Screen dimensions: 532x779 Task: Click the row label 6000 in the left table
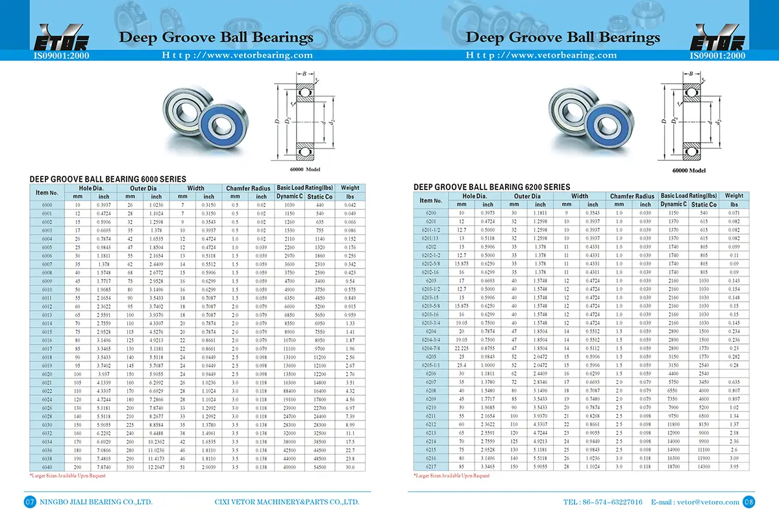pyautogui.click(x=47, y=205)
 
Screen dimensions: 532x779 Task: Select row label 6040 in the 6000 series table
pyautogui.click(x=47, y=467)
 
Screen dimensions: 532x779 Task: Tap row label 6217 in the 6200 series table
pyautogui.click(x=430, y=467)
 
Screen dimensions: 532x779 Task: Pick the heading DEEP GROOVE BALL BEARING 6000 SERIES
pyautogui.click(x=108, y=179)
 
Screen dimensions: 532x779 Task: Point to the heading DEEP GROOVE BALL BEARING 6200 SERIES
pyautogui.click(x=492, y=187)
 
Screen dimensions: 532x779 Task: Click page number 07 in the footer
pyautogui.click(x=29, y=502)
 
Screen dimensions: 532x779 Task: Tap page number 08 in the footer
pyautogui.click(x=748, y=502)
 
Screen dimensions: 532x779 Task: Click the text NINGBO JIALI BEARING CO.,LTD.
pyautogui.click(x=96, y=502)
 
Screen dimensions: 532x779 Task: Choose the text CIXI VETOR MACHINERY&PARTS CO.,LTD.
pyautogui.click(x=287, y=502)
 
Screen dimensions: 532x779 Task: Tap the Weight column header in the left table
pyautogui.click(x=349, y=188)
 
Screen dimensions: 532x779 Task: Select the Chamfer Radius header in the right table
pyautogui.click(x=632, y=196)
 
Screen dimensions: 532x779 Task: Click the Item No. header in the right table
pyautogui.click(x=430, y=200)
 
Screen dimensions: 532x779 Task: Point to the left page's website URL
pyautogui.click(x=237, y=55)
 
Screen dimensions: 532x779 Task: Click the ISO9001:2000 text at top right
pyautogui.click(x=717, y=56)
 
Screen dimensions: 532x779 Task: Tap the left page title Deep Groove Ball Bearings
pyautogui.click(x=216, y=36)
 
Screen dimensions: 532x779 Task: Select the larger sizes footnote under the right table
pyautogui.click(x=451, y=476)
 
